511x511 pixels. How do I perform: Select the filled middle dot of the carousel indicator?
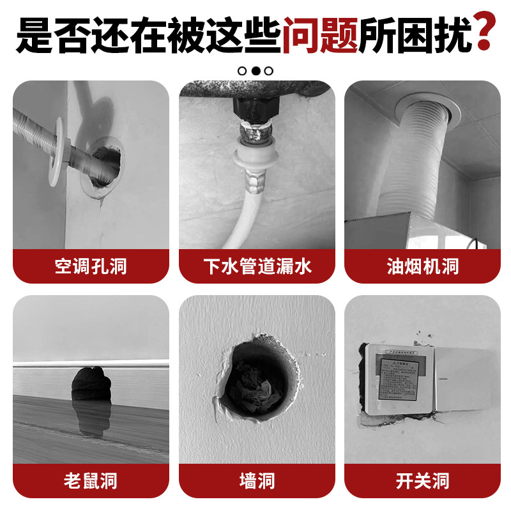pyautogui.click(x=256, y=71)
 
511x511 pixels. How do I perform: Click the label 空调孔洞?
pyautogui.click(x=91, y=266)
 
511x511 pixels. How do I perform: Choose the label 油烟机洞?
pyautogui.click(x=422, y=266)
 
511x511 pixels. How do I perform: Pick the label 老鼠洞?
pyautogui.click(x=91, y=480)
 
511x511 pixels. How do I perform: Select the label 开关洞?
pyautogui.click(x=422, y=480)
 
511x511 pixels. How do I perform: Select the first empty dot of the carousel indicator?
pyautogui.click(x=243, y=71)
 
